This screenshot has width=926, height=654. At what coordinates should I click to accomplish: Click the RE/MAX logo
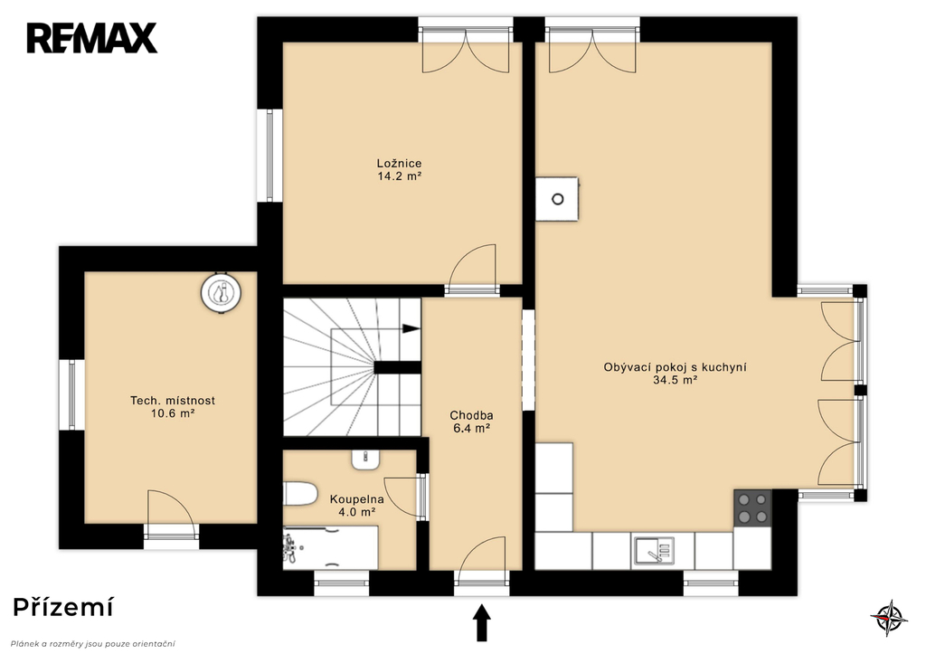coord(91,38)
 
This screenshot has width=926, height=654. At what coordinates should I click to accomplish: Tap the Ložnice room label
coord(399,163)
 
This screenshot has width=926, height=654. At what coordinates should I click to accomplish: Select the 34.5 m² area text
coord(675,380)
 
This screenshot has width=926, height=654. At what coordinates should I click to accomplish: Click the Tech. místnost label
coord(173,401)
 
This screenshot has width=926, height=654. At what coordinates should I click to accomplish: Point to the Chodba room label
coord(471,415)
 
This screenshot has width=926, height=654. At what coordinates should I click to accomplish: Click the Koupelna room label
coord(356,499)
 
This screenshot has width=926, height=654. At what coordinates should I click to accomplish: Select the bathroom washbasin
coord(366,459)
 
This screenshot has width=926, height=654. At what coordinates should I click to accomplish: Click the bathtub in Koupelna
coord(330,547)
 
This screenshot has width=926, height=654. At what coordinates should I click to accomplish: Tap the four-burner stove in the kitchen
coord(752,508)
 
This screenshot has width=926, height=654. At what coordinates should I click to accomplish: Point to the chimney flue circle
coord(557,199)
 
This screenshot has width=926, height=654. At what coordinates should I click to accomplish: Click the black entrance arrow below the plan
coord(482,622)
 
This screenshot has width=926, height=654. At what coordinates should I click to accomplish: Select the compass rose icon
coord(889,618)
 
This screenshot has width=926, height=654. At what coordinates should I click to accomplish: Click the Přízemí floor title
coord(63,607)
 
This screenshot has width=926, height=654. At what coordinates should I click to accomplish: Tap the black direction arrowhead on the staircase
coord(411,327)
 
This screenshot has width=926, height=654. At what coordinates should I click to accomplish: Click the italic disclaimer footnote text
coord(93,644)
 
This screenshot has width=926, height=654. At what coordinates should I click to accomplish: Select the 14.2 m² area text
coord(399,176)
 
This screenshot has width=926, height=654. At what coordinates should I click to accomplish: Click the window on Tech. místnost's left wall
coord(71,394)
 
